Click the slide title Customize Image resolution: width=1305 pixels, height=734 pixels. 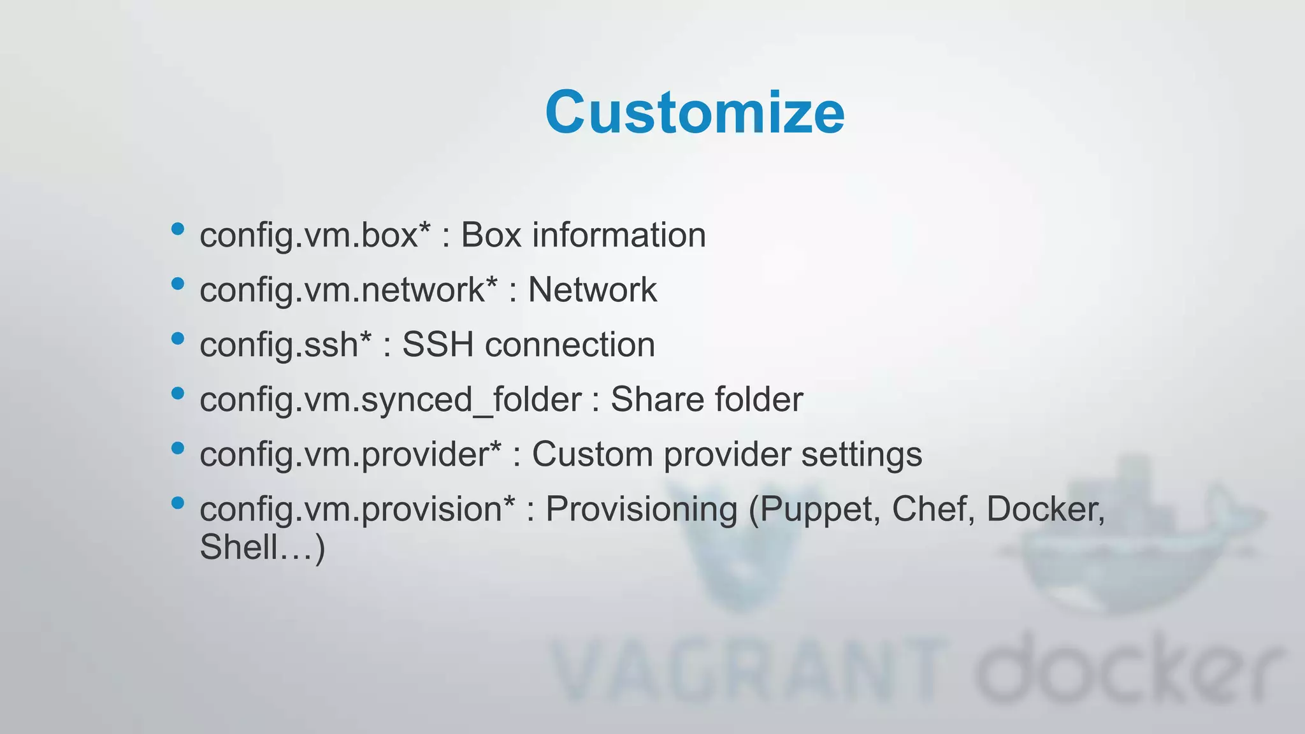tap(695, 113)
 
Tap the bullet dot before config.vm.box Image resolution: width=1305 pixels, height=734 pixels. tap(178, 229)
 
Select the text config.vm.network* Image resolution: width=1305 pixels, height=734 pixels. tap(348, 290)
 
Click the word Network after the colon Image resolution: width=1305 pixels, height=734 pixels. tap(592, 290)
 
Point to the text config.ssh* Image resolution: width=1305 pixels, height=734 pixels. tap(285, 345)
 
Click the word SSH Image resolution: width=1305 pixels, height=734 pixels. tap(438, 345)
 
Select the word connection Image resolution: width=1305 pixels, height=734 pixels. tap(570, 345)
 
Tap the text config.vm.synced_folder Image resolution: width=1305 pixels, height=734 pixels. tap(390, 400)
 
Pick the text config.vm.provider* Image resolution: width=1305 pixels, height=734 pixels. tap(350, 454)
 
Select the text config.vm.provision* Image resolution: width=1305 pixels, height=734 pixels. tap(357, 509)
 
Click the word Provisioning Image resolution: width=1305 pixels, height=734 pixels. tap(641, 510)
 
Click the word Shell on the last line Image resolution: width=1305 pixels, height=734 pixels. tap(239, 547)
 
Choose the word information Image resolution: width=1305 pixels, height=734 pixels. tap(619, 235)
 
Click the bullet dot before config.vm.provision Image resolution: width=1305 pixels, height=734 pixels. tap(178, 503)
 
